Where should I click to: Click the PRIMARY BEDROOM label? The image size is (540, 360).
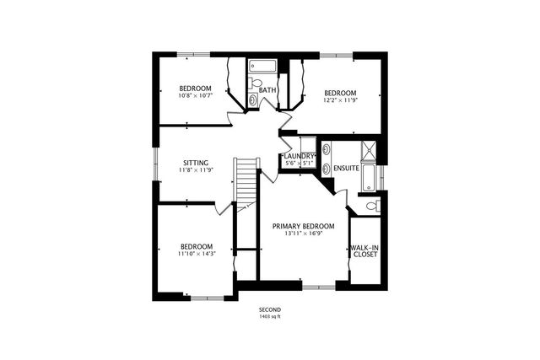click(x=303, y=226)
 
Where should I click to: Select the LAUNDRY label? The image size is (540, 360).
click(x=300, y=156)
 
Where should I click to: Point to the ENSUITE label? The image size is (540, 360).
click(x=346, y=168)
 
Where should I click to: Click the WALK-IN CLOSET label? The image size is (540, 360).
click(x=364, y=250)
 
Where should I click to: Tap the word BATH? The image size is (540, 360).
click(x=267, y=90)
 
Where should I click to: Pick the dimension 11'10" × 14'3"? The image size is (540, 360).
click(x=196, y=254)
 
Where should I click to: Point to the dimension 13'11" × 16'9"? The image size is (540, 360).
click(x=303, y=234)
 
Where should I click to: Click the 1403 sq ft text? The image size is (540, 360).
click(x=270, y=317)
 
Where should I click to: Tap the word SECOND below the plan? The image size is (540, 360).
click(x=270, y=309)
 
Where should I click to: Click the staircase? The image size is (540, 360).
click(x=246, y=181)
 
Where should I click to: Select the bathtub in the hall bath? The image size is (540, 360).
click(x=263, y=65)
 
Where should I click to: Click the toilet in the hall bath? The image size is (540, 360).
click(x=256, y=83)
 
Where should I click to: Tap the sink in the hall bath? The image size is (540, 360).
click(x=254, y=100)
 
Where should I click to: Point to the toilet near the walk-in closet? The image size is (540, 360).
click(x=372, y=205)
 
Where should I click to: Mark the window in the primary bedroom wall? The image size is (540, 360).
click(x=318, y=287)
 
